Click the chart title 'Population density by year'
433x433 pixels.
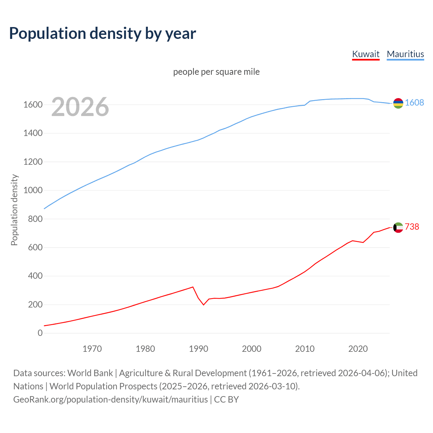tap(102, 33)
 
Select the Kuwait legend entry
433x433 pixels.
tap(366, 54)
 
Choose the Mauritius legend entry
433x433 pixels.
tap(405, 54)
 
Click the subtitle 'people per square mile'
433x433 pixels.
tap(216, 72)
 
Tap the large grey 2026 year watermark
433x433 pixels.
tap(80, 107)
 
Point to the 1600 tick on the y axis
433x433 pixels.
tap(33, 105)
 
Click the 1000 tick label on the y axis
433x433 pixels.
tap(33, 190)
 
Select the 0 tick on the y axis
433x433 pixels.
tap(40, 333)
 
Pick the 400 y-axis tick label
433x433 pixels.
tap(35, 276)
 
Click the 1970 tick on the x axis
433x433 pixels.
tap(92, 349)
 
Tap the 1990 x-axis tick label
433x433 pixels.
tap(199, 349)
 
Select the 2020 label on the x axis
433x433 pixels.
tap(358, 349)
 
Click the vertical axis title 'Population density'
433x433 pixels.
tap(14, 210)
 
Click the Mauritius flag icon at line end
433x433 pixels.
tap(398, 103)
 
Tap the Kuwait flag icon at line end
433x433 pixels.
tap(398, 227)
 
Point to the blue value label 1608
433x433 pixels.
tap(414, 103)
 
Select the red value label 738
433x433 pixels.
tap(412, 227)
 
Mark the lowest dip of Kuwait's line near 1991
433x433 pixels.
tap(204, 305)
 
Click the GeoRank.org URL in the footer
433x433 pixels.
tap(110, 400)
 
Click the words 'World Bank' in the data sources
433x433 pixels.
tap(90, 373)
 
